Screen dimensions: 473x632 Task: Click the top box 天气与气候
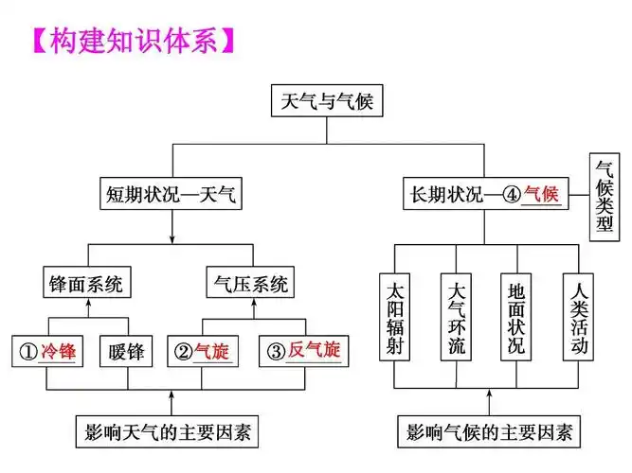pyautogui.click(x=327, y=102)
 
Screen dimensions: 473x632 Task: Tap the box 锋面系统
pyautogui.click(x=88, y=282)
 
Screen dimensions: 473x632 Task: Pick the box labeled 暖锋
pyautogui.click(x=126, y=352)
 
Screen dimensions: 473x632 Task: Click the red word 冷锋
pyautogui.click(x=58, y=352)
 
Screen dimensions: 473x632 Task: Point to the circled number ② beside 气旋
pyautogui.click(x=182, y=352)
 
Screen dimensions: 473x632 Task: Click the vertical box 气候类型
pyautogui.click(x=605, y=197)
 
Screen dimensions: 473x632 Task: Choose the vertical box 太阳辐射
pyautogui.click(x=395, y=318)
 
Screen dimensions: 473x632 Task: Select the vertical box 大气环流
pyautogui.click(x=456, y=318)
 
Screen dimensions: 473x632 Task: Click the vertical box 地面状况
pyautogui.click(x=516, y=318)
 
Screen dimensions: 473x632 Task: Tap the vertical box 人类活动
pyautogui.click(x=578, y=318)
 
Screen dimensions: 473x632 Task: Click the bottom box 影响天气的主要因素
pyautogui.click(x=170, y=433)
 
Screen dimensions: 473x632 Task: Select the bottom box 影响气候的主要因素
pyautogui.click(x=489, y=433)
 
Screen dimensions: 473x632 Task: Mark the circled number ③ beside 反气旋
pyautogui.click(x=276, y=352)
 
